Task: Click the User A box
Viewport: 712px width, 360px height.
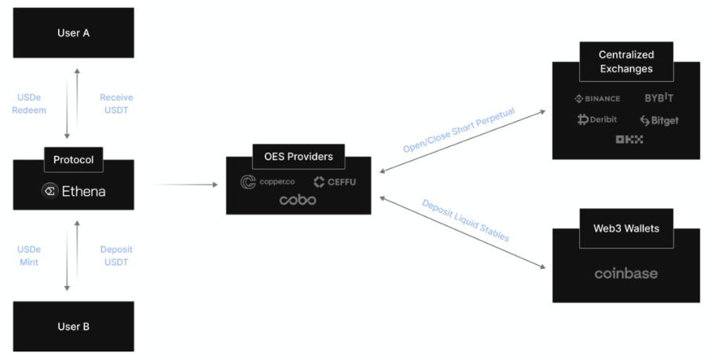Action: tap(73, 34)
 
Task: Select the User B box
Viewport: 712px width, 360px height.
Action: tap(73, 327)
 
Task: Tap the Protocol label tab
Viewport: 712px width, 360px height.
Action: tap(73, 160)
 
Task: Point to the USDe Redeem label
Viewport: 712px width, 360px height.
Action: tap(31, 104)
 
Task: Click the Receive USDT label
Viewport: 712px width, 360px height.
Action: tap(116, 104)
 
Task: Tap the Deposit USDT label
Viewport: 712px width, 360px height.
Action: tap(116, 255)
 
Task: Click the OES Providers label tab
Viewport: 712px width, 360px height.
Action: tap(299, 156)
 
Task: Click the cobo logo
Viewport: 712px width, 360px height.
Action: tap(298, 200)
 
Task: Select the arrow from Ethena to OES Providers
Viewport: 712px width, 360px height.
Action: tap(187, 185)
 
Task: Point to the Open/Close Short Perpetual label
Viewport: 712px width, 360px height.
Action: tap(459, 130)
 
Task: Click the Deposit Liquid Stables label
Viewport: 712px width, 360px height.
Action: tap(465, 220)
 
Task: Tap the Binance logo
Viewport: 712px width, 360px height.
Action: tap(597, 98)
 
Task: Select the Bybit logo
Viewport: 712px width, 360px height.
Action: tap(659, 98)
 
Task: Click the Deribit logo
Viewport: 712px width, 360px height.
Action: tap(597, 119)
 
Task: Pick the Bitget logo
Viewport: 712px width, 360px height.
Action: tap(659, 120)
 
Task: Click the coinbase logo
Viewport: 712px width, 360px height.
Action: tap(626, 274)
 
